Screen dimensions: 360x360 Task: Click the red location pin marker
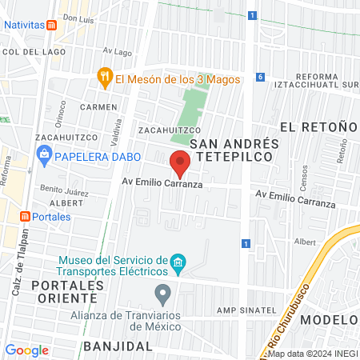[x=181, y=162]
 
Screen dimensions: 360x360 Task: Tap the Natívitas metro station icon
[x=52, y=25]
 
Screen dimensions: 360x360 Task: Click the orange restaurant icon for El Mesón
[x=104, y=78]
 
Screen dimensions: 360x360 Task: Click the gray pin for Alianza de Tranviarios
[x=163, y=295]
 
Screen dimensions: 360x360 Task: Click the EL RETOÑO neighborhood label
[x=318, y=127]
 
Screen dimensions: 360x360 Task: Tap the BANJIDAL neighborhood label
[x=118, y=346]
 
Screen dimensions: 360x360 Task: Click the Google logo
[x=27, y=350]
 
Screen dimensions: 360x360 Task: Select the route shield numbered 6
[x=260, y=77]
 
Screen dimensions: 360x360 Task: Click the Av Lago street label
[x=118, y=52]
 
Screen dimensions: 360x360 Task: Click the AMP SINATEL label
[x=245, y=310]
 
